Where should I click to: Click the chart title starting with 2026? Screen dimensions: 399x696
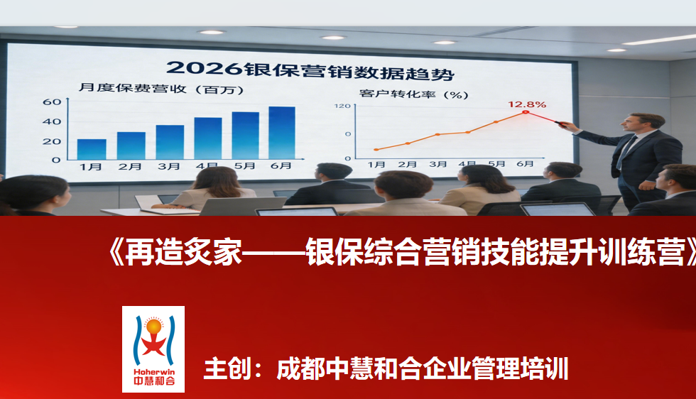coord(310,69)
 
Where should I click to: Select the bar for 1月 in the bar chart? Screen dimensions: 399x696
coord(92,149)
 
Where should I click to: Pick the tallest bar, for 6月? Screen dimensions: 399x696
coord(282,133)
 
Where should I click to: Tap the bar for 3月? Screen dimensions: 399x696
coord(170,142)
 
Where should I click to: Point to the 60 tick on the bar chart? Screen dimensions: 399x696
coord(52,102)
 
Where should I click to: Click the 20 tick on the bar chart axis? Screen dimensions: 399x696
coord(52,141)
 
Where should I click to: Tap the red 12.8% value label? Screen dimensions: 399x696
coord(526,104)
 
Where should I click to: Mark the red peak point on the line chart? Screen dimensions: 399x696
coord(525,112)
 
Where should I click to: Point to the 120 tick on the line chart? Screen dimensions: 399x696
coord(342,106)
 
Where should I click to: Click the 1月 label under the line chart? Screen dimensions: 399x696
coord(376,164)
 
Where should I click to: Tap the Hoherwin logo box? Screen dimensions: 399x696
coord(153,349)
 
